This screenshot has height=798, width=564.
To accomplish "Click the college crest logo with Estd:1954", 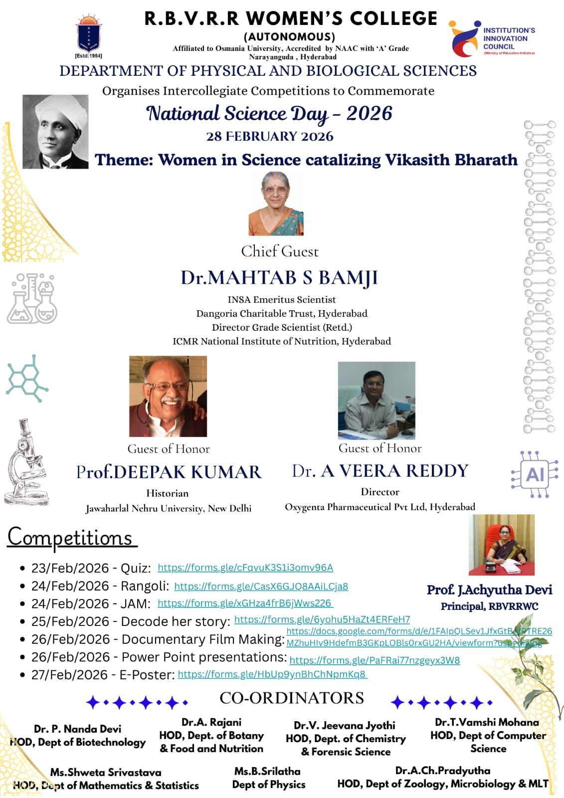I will click(x=89, y=34).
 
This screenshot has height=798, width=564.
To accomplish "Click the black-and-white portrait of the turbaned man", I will click(x=55, y=132).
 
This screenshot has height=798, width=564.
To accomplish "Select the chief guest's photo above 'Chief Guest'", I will click(x=276, y=203).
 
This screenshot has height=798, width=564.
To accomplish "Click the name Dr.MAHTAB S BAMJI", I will click(x=279, y=278).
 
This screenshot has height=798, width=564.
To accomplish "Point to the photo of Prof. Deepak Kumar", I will click(x=168, y=396).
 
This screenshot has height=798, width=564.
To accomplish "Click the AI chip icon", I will click(x=534, y=474).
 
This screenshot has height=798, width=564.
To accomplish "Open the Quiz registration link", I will click(x=245, y=568).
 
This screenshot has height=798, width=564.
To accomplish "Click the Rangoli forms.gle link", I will click(x=261, y=587).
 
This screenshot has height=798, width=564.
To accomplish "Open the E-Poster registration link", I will click(x=272, y=674).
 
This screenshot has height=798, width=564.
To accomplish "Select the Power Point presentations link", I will click(x=374, y=660).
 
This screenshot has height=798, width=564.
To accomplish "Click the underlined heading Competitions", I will click(x=70, y=538).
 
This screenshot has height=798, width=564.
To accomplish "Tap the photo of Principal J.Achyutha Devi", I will click(x=501, y=545).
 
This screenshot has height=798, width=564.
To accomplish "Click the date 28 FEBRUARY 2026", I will click(x=270, y=136).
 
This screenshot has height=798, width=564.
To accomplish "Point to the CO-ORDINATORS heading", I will click(x=292, y=698).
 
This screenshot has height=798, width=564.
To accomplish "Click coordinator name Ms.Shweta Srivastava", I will click(x=106, y=772).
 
